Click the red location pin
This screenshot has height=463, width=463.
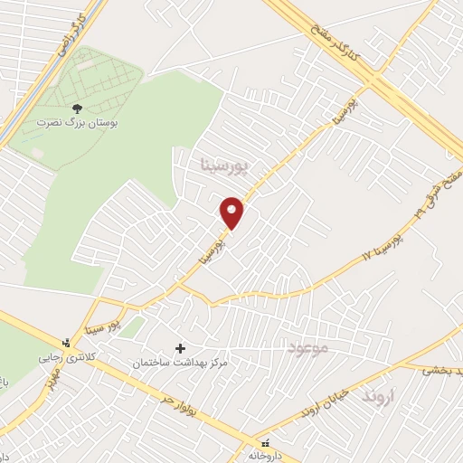point(232,213)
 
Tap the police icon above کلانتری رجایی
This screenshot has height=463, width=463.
point(66,343)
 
